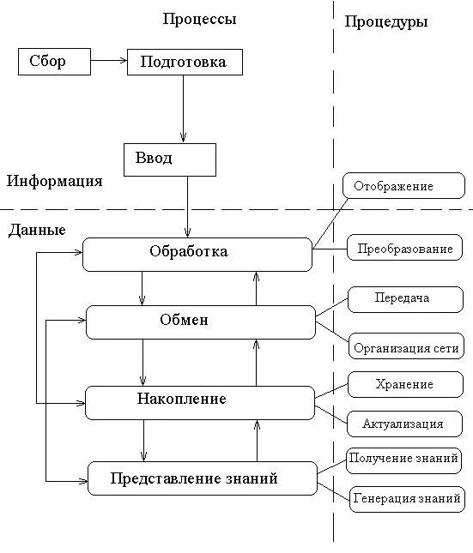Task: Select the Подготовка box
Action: pos(185,62)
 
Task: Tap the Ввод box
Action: pos(168,159)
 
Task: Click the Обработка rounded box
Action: pos(197,255)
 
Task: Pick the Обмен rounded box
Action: pos(200,322)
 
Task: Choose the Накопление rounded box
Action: pos(200,402)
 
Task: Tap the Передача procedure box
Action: pos(404,298)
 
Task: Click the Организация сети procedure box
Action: pos(407,347)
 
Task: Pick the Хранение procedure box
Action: pos(404,385)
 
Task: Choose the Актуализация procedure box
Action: pos(404,424)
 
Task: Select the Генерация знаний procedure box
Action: pos(406,498)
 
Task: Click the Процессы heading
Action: pos(199,19)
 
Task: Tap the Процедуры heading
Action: pos(386,22)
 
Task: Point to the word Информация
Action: pos(55,181)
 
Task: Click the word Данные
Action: pos(37,231)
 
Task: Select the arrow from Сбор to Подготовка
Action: pos(108,62)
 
